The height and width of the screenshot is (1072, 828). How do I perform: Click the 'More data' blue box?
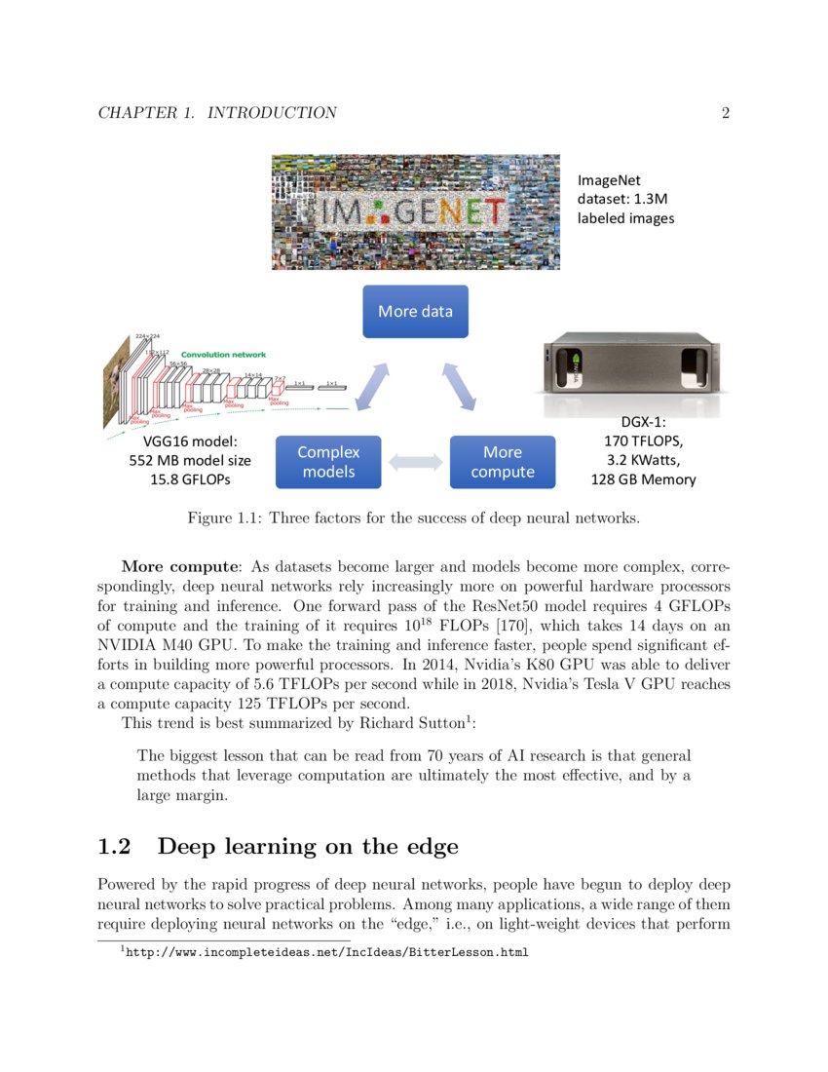[x=415, y=312]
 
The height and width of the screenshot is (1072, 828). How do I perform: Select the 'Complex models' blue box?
[x=328, y=462]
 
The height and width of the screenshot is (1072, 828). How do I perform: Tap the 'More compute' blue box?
[x=502, y=462]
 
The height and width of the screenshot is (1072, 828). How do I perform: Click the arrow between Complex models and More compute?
[x=415, y=463]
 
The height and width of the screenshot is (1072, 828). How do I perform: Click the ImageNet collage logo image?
[x=415, y=211]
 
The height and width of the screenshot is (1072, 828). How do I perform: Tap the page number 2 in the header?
[x=725, y=113]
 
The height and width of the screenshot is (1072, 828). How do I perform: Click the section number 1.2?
[x=114, y=847]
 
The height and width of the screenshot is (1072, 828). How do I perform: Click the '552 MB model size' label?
[x=190, y=461]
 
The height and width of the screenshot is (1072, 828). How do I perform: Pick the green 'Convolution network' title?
[x=223, y=355]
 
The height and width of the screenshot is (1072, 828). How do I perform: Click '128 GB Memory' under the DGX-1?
[x=643, y=479]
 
